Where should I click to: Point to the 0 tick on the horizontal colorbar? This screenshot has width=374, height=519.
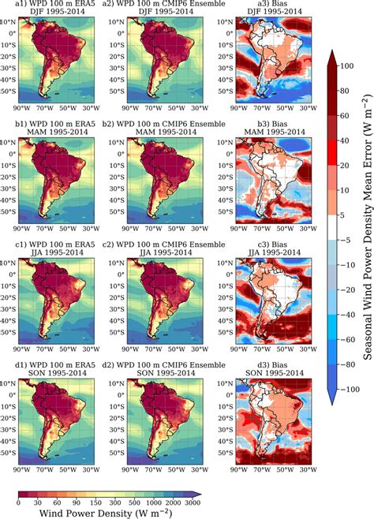(x=18, y=502)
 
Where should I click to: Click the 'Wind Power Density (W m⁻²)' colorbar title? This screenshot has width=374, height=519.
(x=107, y=512)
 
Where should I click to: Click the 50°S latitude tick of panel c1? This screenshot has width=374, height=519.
(x=13, y=333)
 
